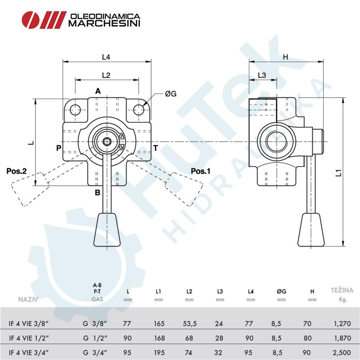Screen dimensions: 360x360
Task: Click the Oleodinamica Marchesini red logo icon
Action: [43, 19]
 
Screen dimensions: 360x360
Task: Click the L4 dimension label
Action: [106, 57]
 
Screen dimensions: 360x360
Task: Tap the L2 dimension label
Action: [106, 75]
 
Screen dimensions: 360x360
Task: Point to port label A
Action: [98, 91]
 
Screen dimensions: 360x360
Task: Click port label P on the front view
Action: [58, 148]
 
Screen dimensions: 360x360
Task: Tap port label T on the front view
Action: [155, 148]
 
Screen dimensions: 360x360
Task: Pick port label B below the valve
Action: [97, 193]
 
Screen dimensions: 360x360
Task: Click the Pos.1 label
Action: [200, 171]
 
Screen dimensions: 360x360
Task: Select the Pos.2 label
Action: [17, 171]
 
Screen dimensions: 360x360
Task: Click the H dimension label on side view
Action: [285, 57]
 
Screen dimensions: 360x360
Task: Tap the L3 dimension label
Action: [262, 75]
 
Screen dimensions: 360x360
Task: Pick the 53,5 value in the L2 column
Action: [189, 324]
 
